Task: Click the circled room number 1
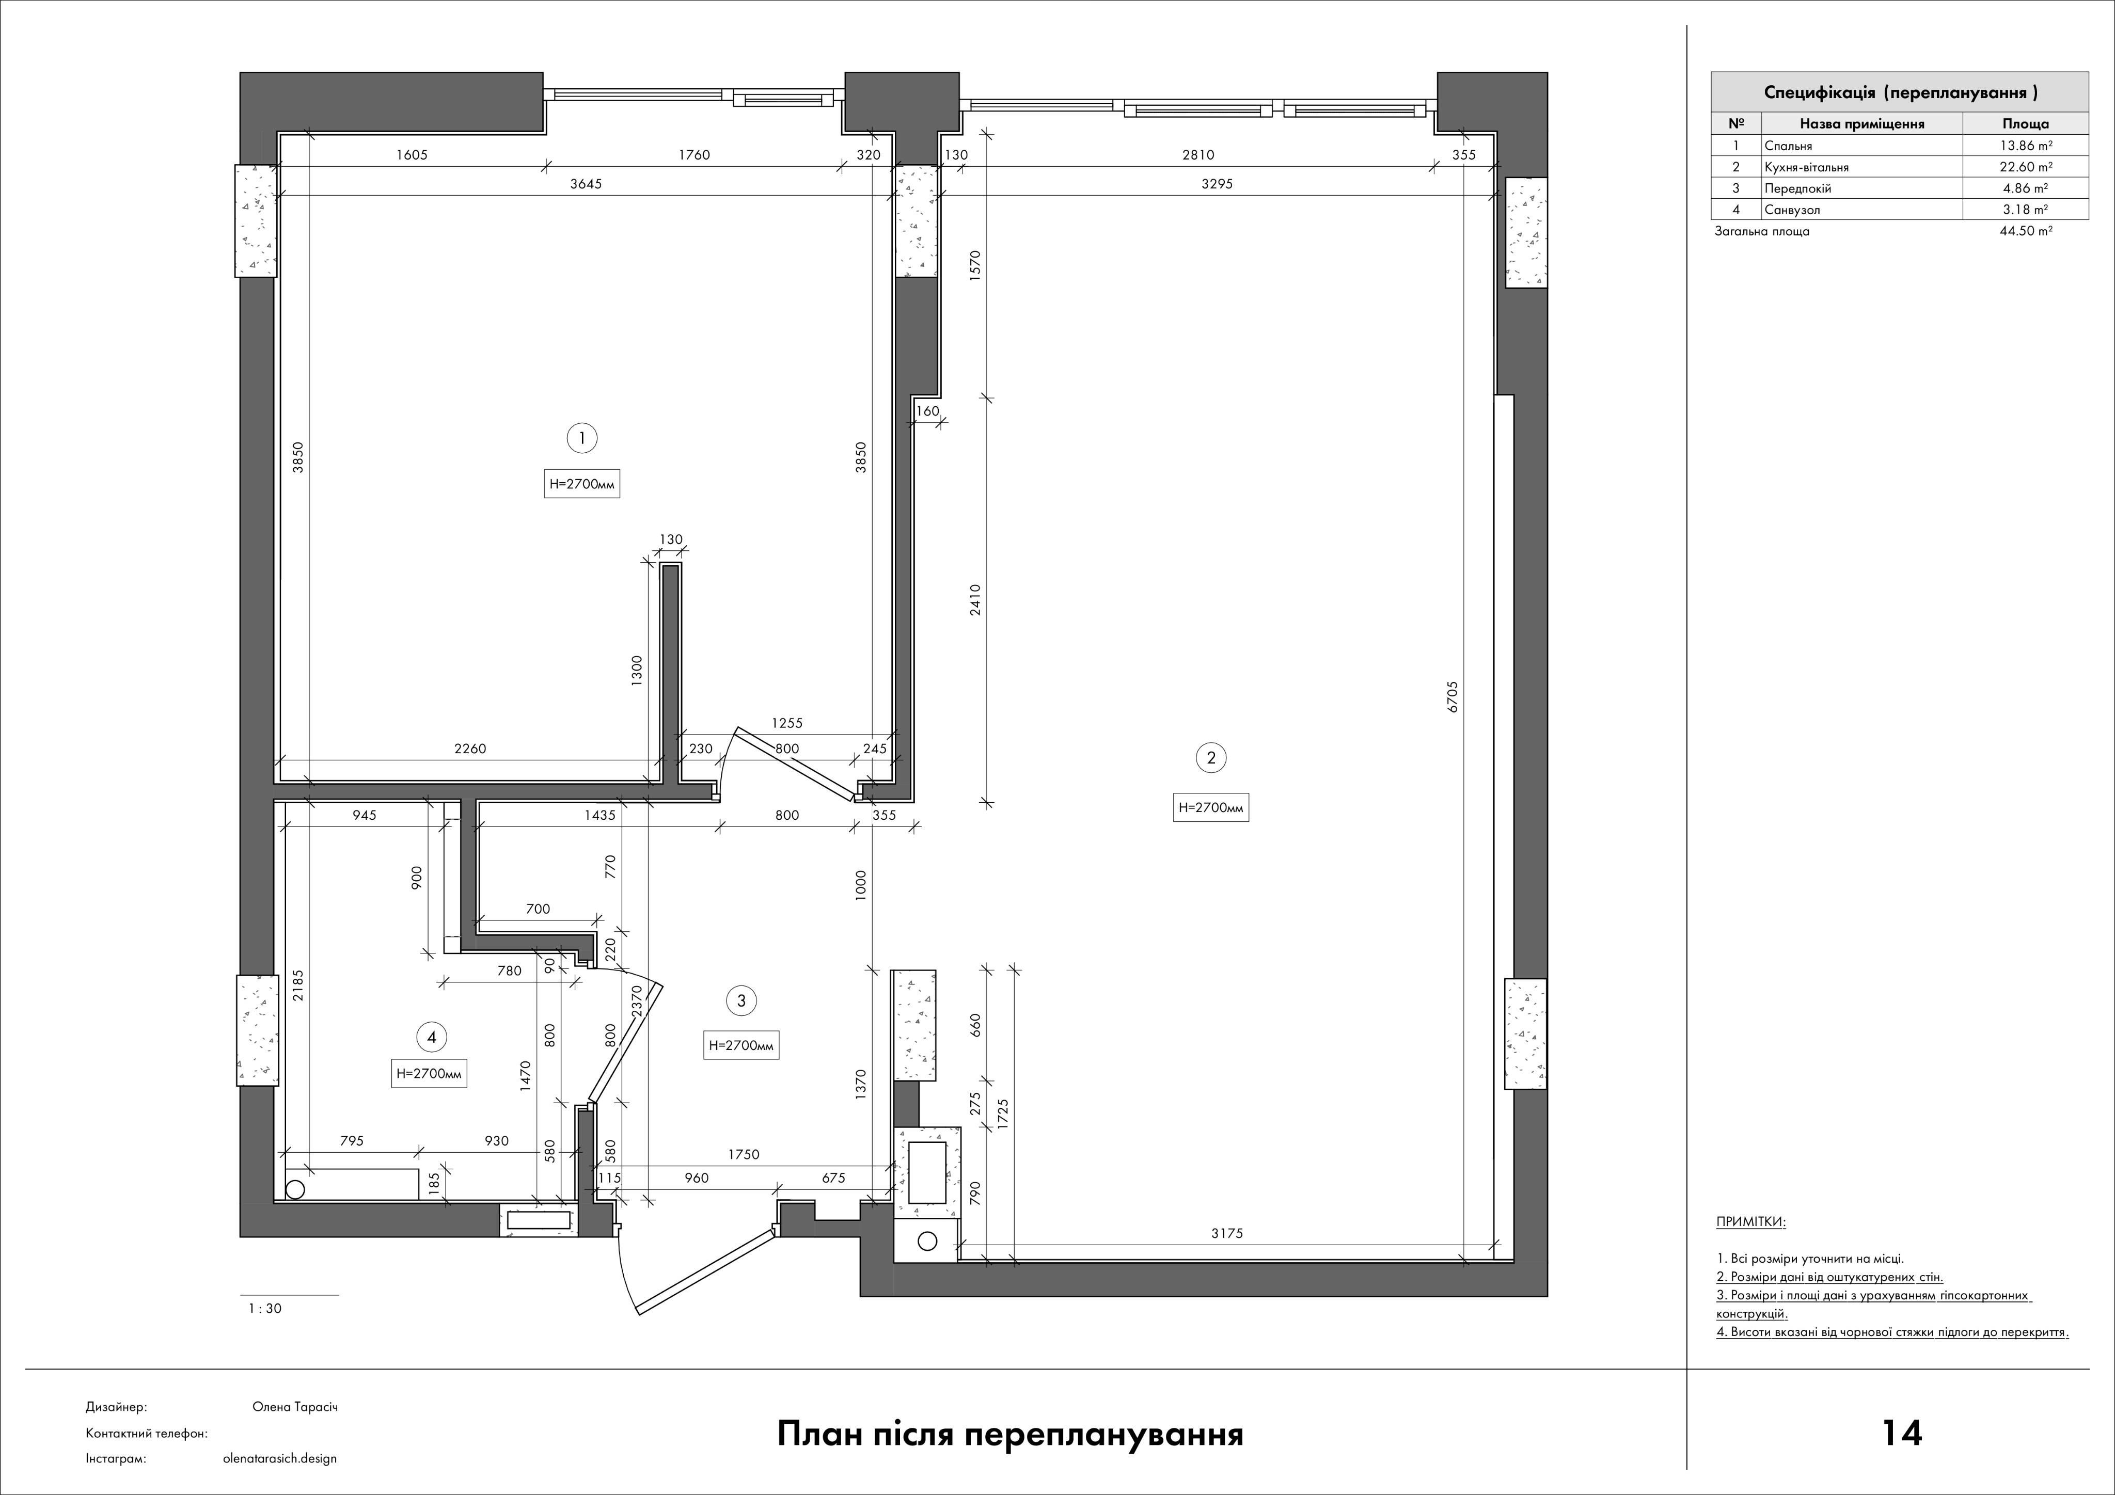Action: tap(582, 438)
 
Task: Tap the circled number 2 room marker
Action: tap(1211, 758)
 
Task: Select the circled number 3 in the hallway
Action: tap(741, 1000)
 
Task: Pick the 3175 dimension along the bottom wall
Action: tap(1227, 1233)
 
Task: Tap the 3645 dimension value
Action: tap(586, 183)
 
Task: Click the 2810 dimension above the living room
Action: tap(1198, 155)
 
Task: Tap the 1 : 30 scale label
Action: tap(265, 1308)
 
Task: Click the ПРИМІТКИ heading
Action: tap(1750, 1222)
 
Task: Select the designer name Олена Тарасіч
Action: tap(295, 1407)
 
